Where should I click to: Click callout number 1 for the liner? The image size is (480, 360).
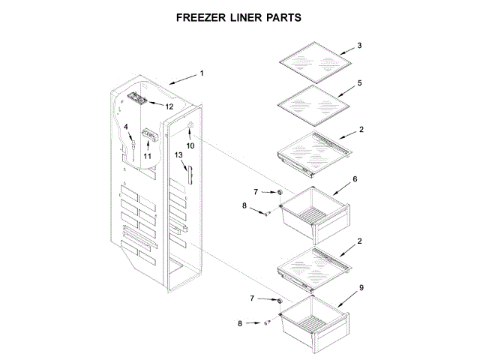(x=201, y=73)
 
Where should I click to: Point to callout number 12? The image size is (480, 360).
(x=169, y=106)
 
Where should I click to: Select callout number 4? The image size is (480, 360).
(x=126, y=127)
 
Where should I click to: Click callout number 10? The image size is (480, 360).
(x=190, y=145)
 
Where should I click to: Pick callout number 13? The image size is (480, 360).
(x=179, y=155)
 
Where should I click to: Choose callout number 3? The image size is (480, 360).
(x=359, y=46)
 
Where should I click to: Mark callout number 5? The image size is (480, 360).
(x=359, y=82)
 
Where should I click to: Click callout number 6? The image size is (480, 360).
(x=355, y=179)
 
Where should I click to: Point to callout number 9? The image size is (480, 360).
(x=361, y=287)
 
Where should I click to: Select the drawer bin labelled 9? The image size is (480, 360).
(x=311, y=322)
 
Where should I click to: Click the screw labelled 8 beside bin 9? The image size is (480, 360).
(x=267, y=322)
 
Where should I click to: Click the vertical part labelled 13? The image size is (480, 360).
(x=190, y=174)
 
